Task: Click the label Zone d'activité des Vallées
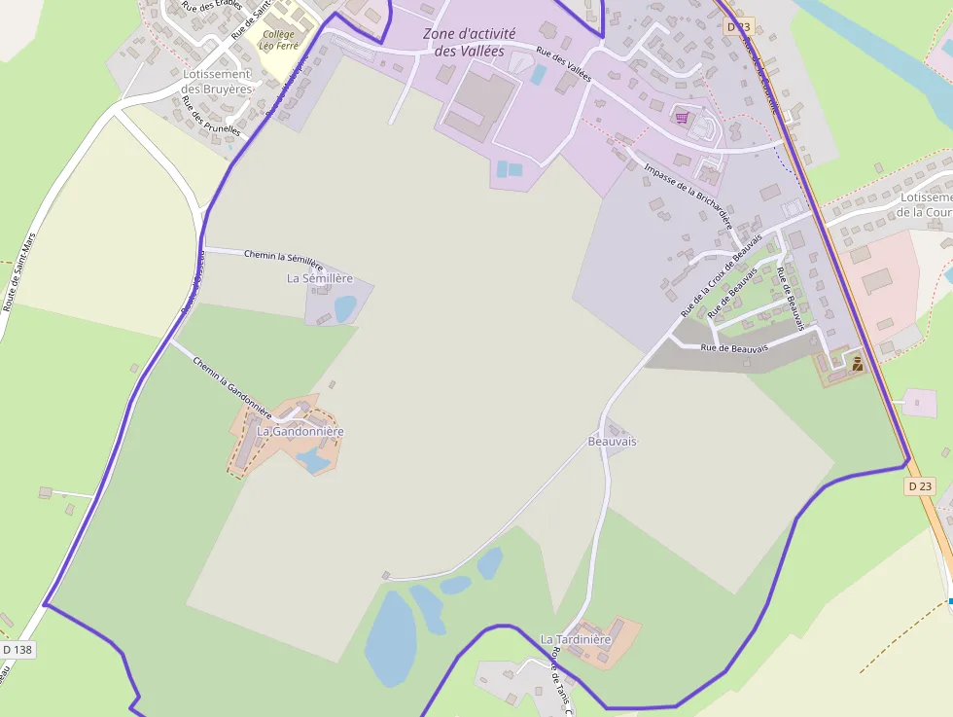469,42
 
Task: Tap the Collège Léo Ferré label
278,40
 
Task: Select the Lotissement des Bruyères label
216,82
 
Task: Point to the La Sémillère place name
328,278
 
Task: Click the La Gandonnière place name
300,431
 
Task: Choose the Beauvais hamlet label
612,441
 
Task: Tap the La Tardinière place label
576,639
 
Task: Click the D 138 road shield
18,649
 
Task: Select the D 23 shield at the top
739,26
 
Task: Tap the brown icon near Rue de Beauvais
857,364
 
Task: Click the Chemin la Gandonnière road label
231,385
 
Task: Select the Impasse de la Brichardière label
688,194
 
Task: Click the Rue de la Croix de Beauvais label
721,277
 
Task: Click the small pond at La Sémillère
344,307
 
